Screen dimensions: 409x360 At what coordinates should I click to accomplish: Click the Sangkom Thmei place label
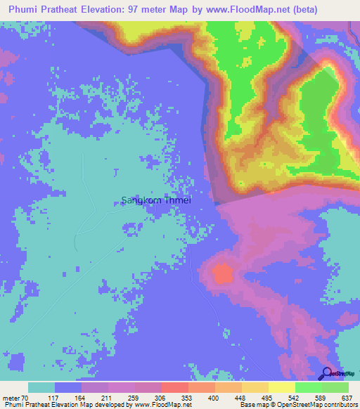point(157,200)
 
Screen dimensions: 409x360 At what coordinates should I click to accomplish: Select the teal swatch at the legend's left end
point(41,387)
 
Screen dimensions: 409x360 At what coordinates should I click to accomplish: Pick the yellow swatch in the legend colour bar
point(281,387)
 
